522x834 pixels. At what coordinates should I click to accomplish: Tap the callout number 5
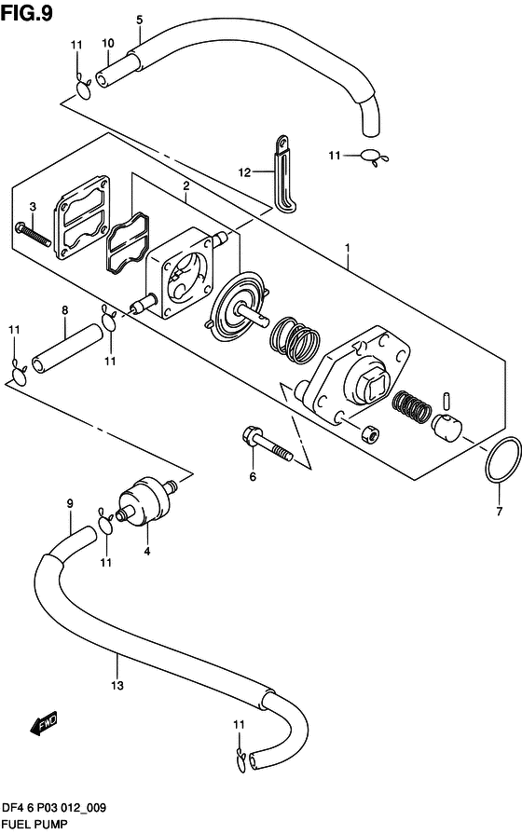coord(140,19)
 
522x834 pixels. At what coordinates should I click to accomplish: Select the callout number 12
coord(244,172)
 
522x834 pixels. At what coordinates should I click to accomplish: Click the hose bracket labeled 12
coord(282,172)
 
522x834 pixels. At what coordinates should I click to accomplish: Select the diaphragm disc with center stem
coord(240,308)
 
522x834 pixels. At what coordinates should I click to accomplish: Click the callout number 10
coord(108,44)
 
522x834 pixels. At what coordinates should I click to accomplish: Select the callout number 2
coord(186,186)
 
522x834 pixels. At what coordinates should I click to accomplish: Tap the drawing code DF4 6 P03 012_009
coord(56,807)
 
